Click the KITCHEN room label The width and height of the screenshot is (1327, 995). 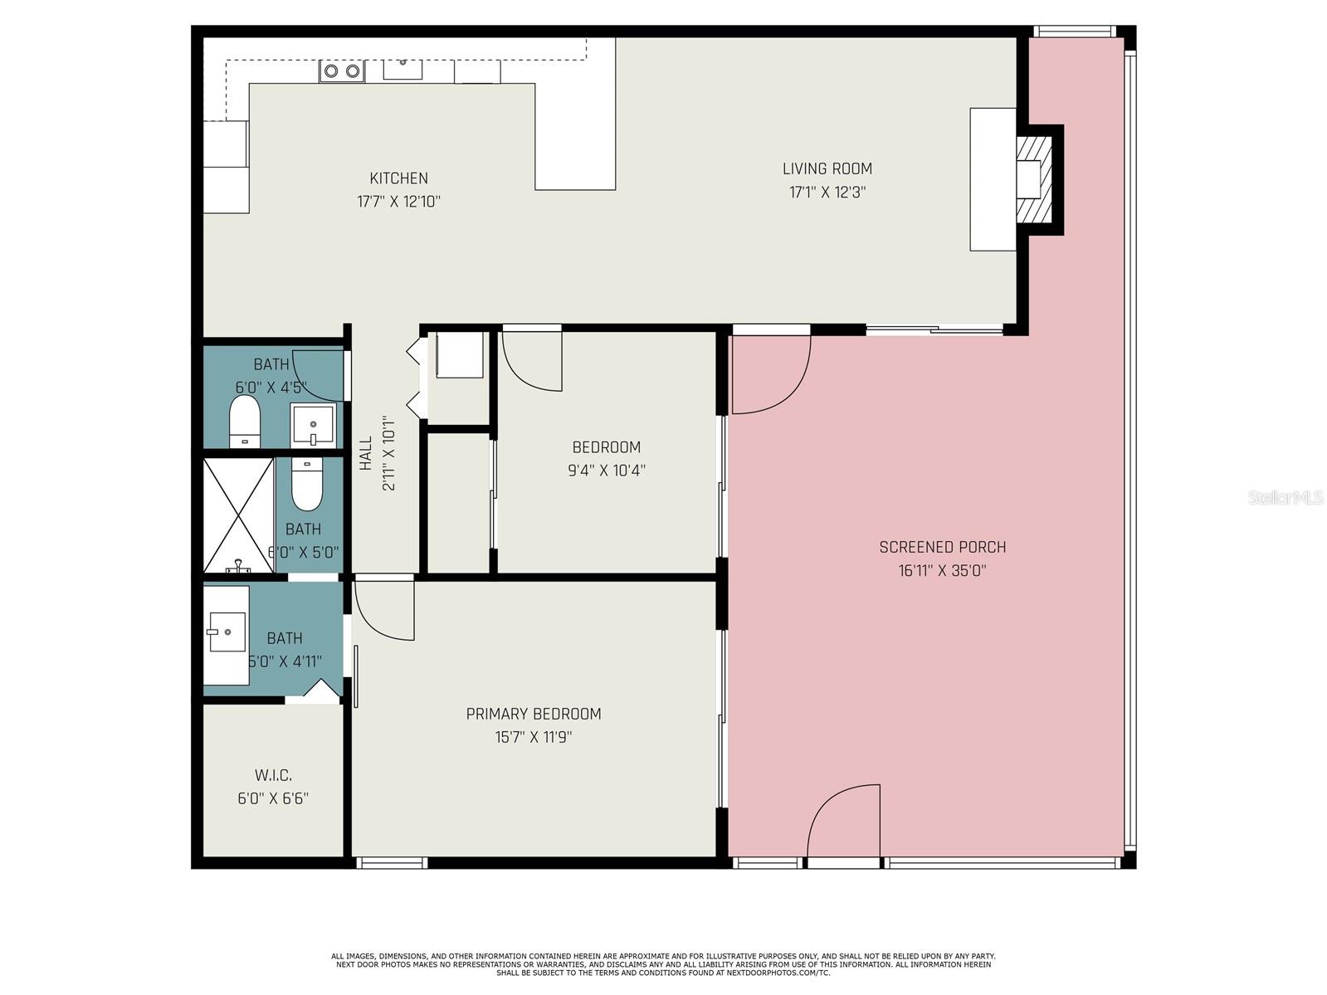pyautogui.click(x=398, y=178)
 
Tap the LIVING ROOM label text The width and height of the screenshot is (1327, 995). pyautogui.click(x=827, y=168)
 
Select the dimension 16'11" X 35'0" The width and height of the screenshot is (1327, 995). pyautogui.click(x=942, y=571)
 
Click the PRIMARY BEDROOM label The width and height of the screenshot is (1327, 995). pyautogui.click(x=533, y=714)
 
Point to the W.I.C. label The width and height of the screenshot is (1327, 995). pyautogui.click(x=273, y=776)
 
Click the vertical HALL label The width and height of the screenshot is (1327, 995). pyautogui.click(x=366, y=454)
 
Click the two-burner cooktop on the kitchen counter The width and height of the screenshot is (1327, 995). pyautogui.click(x=342, y=71)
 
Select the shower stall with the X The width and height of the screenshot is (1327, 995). pyautogui.click(x=238, y=515)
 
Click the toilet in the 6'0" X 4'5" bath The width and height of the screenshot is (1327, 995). pyautogui.click(x=245, y=422)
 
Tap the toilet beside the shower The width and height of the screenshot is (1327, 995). pyautogui.click(x=306, y=485)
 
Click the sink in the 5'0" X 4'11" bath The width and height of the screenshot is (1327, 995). pyautogui.click(x=227, y=633)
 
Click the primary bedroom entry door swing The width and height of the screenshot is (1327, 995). pyautogui.click(x=384, y=610)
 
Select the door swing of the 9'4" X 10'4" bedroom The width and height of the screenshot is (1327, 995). pyautogui.click(x=532, y=361)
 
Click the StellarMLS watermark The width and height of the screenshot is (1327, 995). pyautogui.click(x=1285, y=498)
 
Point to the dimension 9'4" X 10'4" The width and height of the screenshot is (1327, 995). pyautogui.click(x=606, y=471)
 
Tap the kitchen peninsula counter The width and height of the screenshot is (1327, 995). pyautogui.click(x=574, y=137)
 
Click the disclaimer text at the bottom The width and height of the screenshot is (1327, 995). pyautogui.click(x=662, y=964)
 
